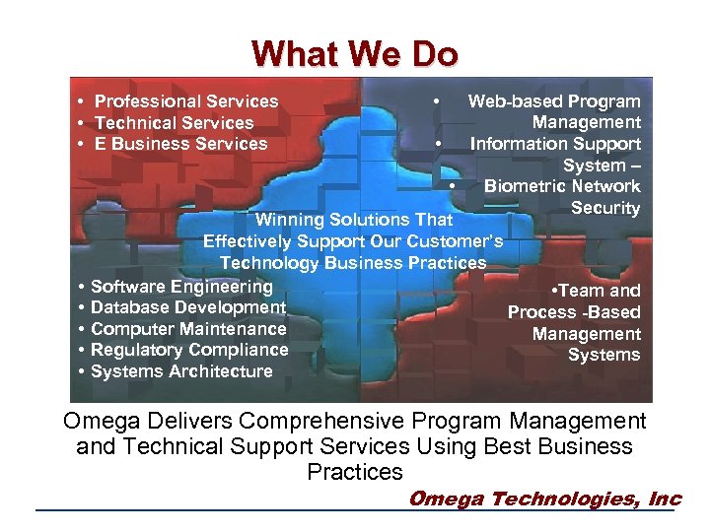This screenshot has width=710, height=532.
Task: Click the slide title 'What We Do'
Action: pyautogui.click(x=354, y=53)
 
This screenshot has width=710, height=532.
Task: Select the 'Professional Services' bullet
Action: pyautogui.click(x=185, y=101)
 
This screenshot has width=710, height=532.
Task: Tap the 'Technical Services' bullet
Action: pyautogui.click(x=174, y=123)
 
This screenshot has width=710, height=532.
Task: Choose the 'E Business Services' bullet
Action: pyautogui.click(x=180, y=144)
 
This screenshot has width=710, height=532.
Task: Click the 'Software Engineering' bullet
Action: pyautogui.click(x=181, y=287)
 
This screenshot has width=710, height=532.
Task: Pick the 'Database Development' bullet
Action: pyautogui.click(x=187, y=307)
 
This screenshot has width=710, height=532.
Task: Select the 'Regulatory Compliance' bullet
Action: pyautogui.click(x=188, y=350)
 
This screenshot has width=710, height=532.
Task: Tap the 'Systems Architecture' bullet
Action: pyautogui.click(x=181, y=371)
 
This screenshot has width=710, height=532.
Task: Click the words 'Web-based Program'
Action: pyautogui.click(x=553, y=101)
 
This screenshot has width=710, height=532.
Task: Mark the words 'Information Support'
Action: pyautogui.click(x=555, y=144)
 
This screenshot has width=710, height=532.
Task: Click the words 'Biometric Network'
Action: pyautogui.click(x=562, y=186)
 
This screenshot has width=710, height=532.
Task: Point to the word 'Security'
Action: pyautogui.click(x=605, y=208)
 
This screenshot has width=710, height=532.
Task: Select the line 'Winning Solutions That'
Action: pyautogui.click(x=354, y=220)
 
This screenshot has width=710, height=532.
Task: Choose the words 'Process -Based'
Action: pyautogui.click(x=574, y=312)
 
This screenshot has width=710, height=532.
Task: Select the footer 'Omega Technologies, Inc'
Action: pyautogui.click(x=544, y=499)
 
